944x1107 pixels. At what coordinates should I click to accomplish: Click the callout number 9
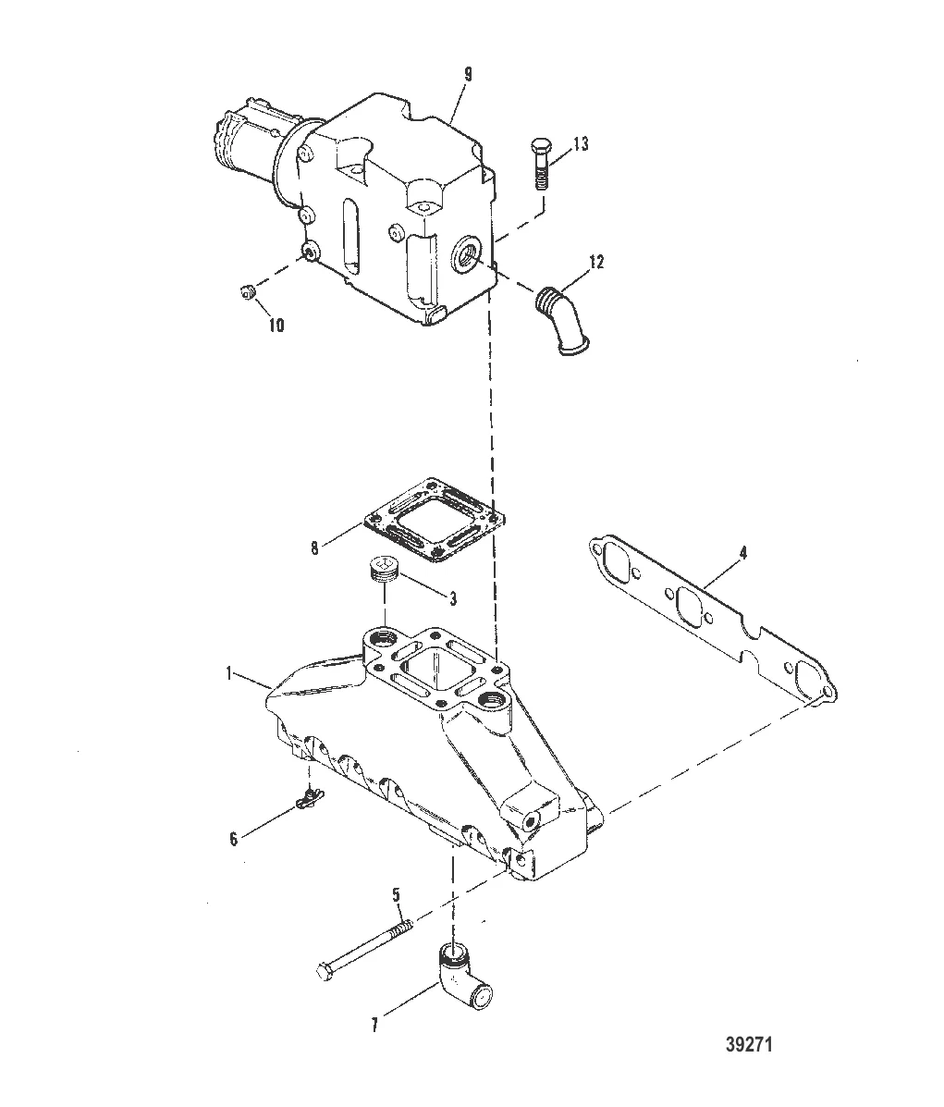point(467,75)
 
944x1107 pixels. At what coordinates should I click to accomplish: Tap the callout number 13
point(580,144)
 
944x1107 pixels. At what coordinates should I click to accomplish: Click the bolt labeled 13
point(541,163)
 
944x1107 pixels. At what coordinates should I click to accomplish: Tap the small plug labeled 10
point(245,293)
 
